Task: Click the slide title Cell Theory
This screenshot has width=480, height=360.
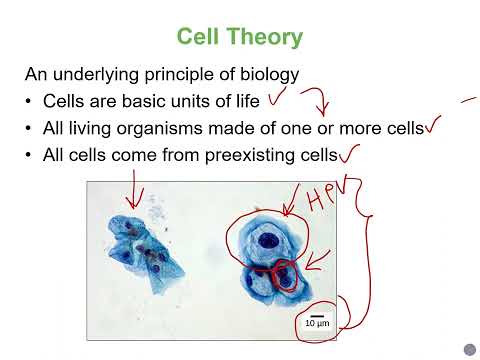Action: (239, 37)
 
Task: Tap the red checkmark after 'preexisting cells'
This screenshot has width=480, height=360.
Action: (349, 153)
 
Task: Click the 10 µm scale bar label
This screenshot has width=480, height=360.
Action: (317, 323)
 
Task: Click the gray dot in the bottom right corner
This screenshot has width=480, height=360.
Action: (469, 348)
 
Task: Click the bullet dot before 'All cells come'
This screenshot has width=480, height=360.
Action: (30, 155)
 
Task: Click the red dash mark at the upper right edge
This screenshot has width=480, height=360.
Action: (467, 101)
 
